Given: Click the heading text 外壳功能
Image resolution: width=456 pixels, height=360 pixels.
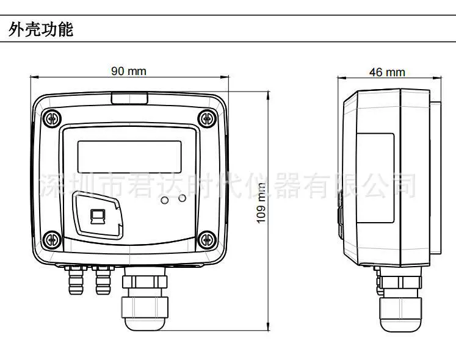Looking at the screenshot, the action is click(41, 29).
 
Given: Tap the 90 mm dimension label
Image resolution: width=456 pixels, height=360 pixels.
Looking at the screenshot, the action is click(129, 71).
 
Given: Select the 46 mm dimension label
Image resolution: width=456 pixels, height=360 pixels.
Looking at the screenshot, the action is click(387, 73).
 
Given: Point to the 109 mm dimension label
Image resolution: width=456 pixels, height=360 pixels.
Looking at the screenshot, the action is click(261, 203).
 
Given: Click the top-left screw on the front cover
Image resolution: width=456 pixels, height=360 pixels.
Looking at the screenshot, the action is click(52, 119).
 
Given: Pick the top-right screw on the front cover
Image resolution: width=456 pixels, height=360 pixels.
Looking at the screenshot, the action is click(207, 118).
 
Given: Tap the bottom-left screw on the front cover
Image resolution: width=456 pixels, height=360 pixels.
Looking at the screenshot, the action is click(52, 240).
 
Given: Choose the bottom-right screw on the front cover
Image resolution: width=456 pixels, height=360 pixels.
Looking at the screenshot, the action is click(207, 240).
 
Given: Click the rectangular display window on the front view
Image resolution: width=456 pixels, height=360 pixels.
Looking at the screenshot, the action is click(129, 157).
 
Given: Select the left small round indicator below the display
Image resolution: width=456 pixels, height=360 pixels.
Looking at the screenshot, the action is click(165, 200).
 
